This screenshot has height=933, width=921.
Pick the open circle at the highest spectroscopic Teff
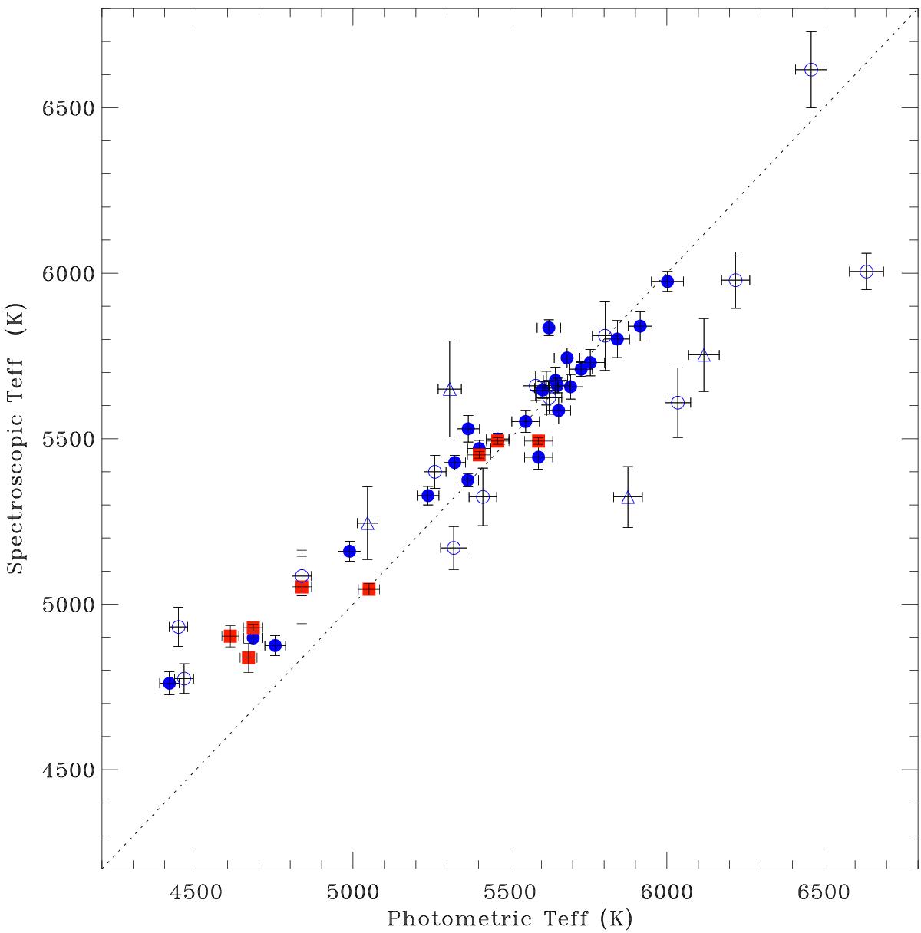click(810, 70)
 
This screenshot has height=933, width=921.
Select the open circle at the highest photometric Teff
click(867, 272)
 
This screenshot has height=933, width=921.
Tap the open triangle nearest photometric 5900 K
click(628, 497)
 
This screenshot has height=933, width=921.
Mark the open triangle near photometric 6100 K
click(704, 354)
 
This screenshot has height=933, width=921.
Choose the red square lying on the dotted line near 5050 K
click(368, 589)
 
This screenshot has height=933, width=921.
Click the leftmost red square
click(230, 636)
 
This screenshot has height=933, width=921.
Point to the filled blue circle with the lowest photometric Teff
click(170, 683)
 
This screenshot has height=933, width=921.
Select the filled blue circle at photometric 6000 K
click(667, 281)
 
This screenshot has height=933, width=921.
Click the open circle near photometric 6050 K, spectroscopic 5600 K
click(678, 403)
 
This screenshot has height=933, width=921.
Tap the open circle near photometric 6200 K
click(735, 280)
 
